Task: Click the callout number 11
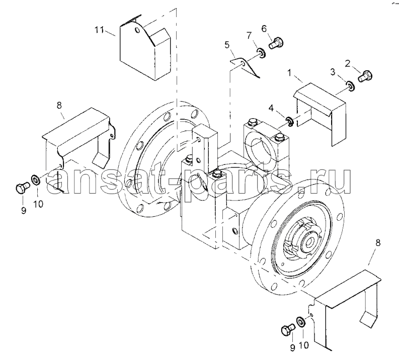[x=99, y=30]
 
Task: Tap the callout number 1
[x=289, y=73]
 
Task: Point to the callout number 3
[x=333, y=72]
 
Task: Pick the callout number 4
[x=271, y=108]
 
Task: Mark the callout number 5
[x=227, y=45]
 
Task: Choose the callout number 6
[x=264, y=29]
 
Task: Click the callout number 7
[x=249, y=36]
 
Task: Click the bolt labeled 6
[x=276, y=43]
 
